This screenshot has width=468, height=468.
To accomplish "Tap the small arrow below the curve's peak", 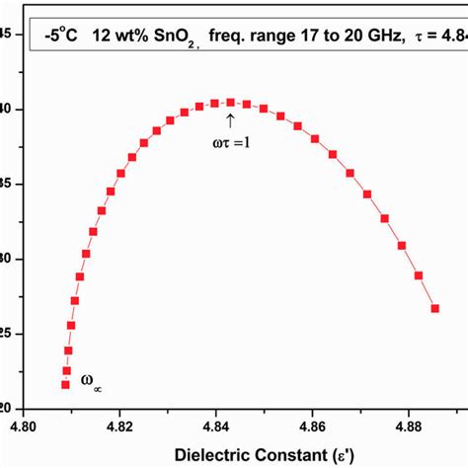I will (x=230, y=120).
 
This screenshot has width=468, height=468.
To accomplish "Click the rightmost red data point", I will (x=434, y=309).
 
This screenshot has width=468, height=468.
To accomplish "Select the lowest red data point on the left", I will (x=65, y=384).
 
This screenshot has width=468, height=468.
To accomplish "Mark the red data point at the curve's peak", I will (x=230, y=102).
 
